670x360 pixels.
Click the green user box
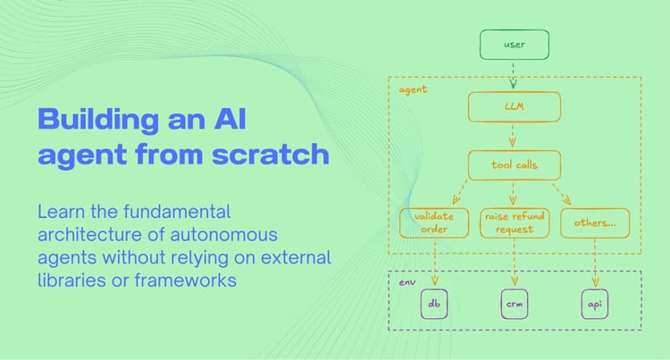514,44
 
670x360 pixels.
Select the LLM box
514,107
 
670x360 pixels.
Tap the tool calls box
514,164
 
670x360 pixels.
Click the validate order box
434,222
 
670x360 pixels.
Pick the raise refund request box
514,222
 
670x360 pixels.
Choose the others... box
595,222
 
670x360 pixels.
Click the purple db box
434,304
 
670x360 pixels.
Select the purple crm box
514,304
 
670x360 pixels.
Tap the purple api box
595,304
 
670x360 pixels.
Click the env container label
406,282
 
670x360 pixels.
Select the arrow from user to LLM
514,75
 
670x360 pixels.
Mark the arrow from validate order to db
434,264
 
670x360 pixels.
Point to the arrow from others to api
595,264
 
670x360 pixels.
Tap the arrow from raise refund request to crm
514,264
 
